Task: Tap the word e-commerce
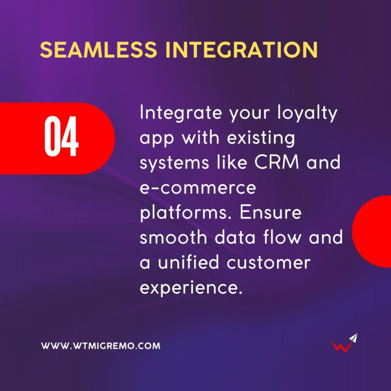pos(197,188)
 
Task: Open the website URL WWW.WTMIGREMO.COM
pos(100,346)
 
